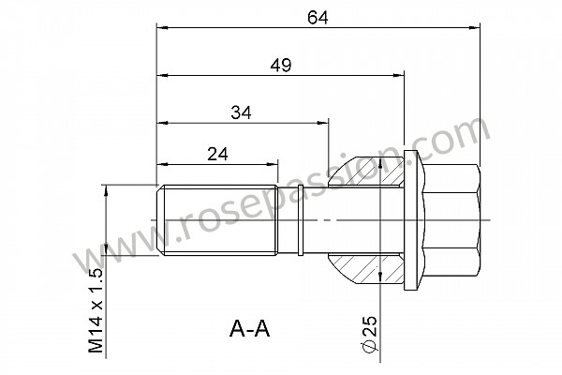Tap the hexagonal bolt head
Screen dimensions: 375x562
(451, 220)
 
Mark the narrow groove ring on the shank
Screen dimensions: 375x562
(300, 221)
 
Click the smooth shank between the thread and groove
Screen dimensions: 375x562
(288, 221)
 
